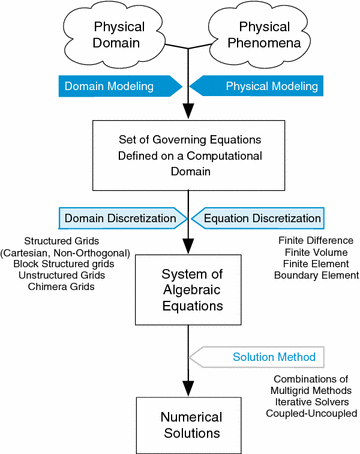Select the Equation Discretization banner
tap(262, 217)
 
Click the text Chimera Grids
tap(58, 289)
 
